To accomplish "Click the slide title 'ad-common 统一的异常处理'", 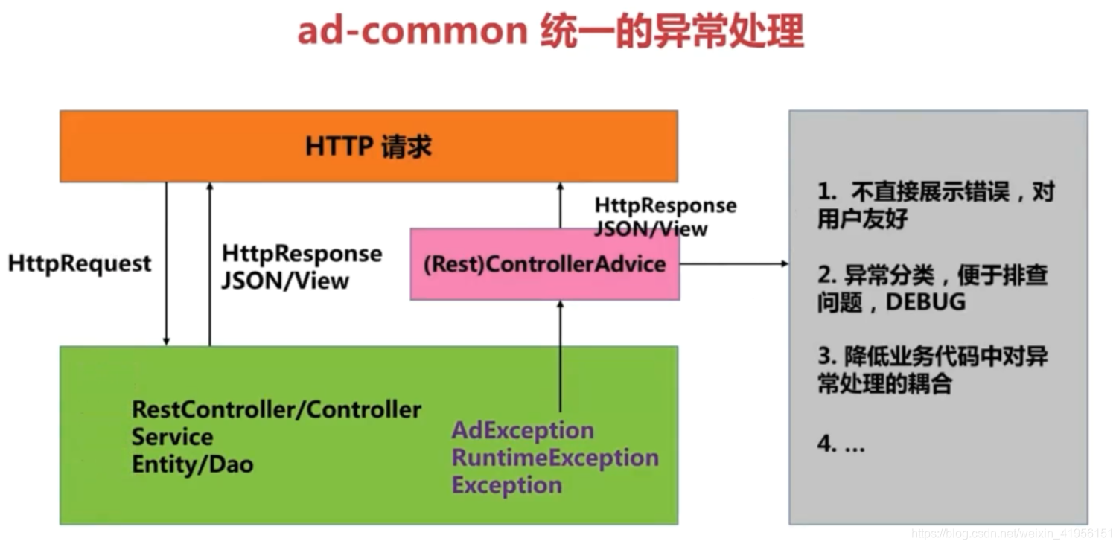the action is tap(550, 32).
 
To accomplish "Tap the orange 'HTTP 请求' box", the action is tap(369, 146).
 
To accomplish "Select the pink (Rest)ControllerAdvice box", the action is tap(544, 264).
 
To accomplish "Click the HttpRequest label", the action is tap(80, 263).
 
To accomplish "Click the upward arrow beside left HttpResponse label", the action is tap(210, 264).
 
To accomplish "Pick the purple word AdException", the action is tap(523, 430).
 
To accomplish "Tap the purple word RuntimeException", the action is tap(555, 458).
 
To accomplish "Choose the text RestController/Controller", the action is tap(276, 409).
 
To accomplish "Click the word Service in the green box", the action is tap(172, 437).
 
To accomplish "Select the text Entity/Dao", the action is tap(192, 464).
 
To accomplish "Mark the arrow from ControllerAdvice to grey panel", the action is tap(733, 263).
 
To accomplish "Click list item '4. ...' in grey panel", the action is tap(841, 444).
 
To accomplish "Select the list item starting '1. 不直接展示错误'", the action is tap(935, 206).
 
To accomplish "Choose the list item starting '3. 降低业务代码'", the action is tap(932, 370).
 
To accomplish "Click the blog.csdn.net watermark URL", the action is tap(1012, 534).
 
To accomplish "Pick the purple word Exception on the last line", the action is tap(506, 485).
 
